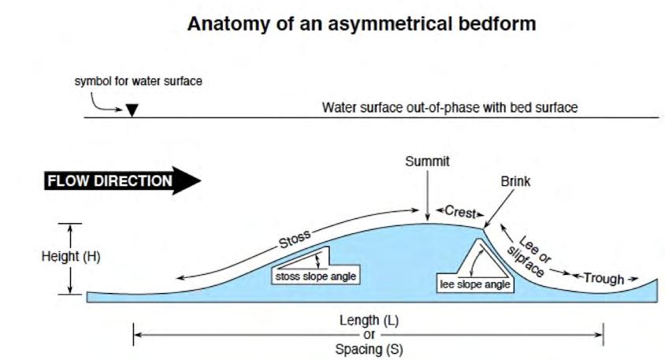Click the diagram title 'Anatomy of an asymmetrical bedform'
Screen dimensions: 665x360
362,24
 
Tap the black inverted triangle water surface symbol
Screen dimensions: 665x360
132,110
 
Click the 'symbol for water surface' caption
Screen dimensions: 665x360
139,81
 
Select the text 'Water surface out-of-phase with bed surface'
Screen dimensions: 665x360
450,107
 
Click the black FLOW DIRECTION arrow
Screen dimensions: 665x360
122,181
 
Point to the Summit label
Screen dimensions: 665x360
427,161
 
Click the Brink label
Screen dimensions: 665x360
516,181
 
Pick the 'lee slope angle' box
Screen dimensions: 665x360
474,284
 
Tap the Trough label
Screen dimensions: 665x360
604,278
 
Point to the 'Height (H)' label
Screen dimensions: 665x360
71,257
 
